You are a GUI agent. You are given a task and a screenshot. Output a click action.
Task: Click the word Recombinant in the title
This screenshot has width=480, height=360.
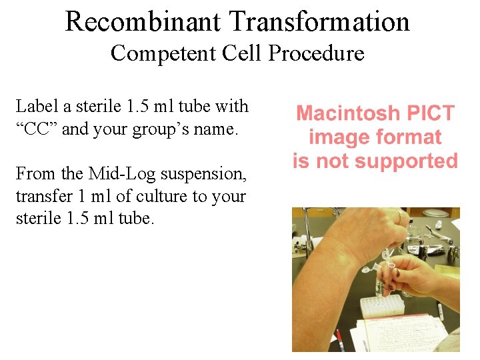coord(143,22)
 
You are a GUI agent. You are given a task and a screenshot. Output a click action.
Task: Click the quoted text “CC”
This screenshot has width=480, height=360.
coord(36,129)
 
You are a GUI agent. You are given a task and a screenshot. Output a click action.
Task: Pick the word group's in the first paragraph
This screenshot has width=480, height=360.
coord(156,129)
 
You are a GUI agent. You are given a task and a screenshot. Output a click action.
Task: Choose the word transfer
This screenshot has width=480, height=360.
coord(39,197)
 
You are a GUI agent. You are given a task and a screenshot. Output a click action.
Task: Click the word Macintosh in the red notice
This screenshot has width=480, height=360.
coord(349,113)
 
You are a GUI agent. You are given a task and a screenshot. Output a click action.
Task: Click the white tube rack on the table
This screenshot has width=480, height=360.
coord(382,306)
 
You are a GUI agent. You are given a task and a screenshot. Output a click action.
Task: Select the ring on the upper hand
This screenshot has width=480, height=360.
coord(400,216)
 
